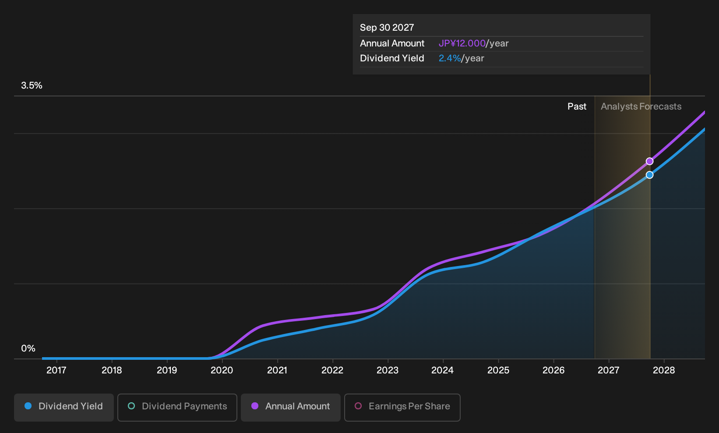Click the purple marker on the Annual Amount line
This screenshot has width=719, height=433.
(x=649, y=161)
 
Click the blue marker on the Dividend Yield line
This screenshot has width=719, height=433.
(x=649, y=175)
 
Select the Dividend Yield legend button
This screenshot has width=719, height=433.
(x=64, y=407)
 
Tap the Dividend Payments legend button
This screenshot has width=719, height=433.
(x=177, y=407)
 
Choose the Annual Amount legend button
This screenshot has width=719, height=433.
(x=290, y=407)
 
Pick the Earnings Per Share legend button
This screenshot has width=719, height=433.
(x=402, y=407)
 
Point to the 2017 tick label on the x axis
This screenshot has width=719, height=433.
(x=56, y=370)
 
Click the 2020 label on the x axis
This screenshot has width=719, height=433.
(x=222, y=370)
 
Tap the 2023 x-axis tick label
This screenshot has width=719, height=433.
(x=388, y=370)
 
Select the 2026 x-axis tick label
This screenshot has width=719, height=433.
(x=553, y=370)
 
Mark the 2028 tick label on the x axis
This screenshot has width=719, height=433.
(x=664, y=370)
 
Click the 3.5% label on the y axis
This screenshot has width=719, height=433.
(x=32, y=85)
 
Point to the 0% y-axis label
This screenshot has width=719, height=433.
(x=28, y=348)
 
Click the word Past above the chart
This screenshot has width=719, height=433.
(x=577, y=106)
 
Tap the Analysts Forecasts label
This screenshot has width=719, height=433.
(x=641, y=106)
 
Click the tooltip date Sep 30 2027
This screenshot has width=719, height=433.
(x=387, y=28)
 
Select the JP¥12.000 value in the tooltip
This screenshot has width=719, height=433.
(x=462, y=43)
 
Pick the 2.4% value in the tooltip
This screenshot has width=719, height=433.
(x=450, y=58)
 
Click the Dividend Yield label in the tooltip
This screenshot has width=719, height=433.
(x=392, y=58)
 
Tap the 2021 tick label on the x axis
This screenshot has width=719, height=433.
(x=277, y=370)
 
